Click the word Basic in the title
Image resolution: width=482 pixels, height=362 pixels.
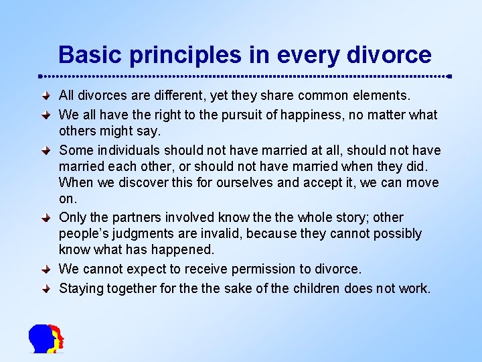click(83, 54)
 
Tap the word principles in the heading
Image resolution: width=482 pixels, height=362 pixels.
click(165, 55)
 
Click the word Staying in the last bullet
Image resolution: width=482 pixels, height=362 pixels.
click(81, 289)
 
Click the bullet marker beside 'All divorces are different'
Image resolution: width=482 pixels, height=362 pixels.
click(46, 97)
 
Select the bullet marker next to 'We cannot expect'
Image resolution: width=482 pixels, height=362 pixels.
click(46, 269)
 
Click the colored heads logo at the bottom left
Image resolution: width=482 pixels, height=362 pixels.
click(46, 338)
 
